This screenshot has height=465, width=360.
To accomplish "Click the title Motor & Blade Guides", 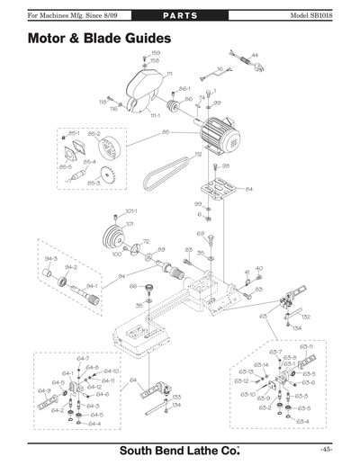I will (96, 40).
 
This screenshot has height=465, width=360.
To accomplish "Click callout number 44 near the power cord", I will (255, 56).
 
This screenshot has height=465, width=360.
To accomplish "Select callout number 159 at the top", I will (155, 53).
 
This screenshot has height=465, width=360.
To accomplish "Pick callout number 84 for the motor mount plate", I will (248, 189).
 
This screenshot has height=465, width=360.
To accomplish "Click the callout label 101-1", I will (130, 211).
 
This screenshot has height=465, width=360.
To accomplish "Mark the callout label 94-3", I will (50, 258).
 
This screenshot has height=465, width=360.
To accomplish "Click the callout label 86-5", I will (65, 166).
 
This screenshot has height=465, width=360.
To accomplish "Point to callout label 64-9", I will (43, 391).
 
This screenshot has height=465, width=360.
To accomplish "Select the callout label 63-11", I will (306, 346).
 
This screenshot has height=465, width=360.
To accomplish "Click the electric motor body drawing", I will (216, 135).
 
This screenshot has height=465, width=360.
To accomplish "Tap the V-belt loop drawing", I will (176, 166).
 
